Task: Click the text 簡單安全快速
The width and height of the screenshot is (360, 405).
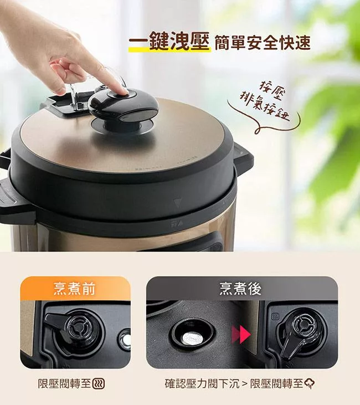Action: tap(263, 42)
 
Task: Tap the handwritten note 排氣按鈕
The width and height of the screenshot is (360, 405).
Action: tap(264, 106)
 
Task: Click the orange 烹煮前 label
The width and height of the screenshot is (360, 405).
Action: tap(75, 289)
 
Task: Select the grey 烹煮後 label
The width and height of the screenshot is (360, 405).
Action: tap(240, 289)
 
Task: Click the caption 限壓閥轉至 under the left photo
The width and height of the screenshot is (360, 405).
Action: tap(64, 383)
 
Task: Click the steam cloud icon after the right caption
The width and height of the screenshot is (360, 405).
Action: tap(310, 383)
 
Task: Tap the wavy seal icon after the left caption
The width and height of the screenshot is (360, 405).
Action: tap(99, 383)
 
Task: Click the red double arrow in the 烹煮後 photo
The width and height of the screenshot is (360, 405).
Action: tap(241, 335)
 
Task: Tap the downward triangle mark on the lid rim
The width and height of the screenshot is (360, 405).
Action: tap(178, 203)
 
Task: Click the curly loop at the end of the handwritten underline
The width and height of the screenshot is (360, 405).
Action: tap(258, 131)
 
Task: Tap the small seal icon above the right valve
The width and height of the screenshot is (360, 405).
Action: tap(275, 317)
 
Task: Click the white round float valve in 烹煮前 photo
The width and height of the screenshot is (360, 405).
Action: tap(126, 340)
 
